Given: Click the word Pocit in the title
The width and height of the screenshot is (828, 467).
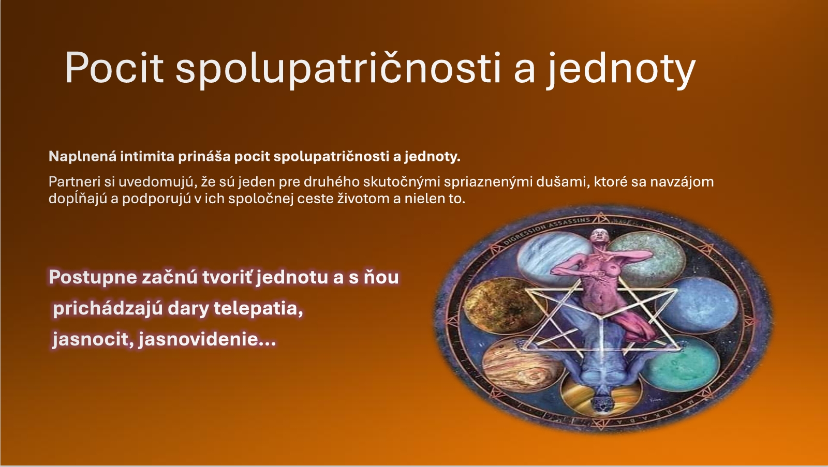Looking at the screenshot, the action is pyautogui.click(x=114, y=68).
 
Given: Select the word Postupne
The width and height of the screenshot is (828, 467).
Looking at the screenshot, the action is pyautogui.click(x=93, y=278).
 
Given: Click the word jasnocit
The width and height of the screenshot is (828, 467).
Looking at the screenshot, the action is pyautogui.click(x=90, y=340).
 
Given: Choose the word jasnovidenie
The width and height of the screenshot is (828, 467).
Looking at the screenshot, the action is pyautogui.click(x=207, y=339).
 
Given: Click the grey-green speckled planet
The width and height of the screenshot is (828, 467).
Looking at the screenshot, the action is pyautogui.click(x=647, y=255).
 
